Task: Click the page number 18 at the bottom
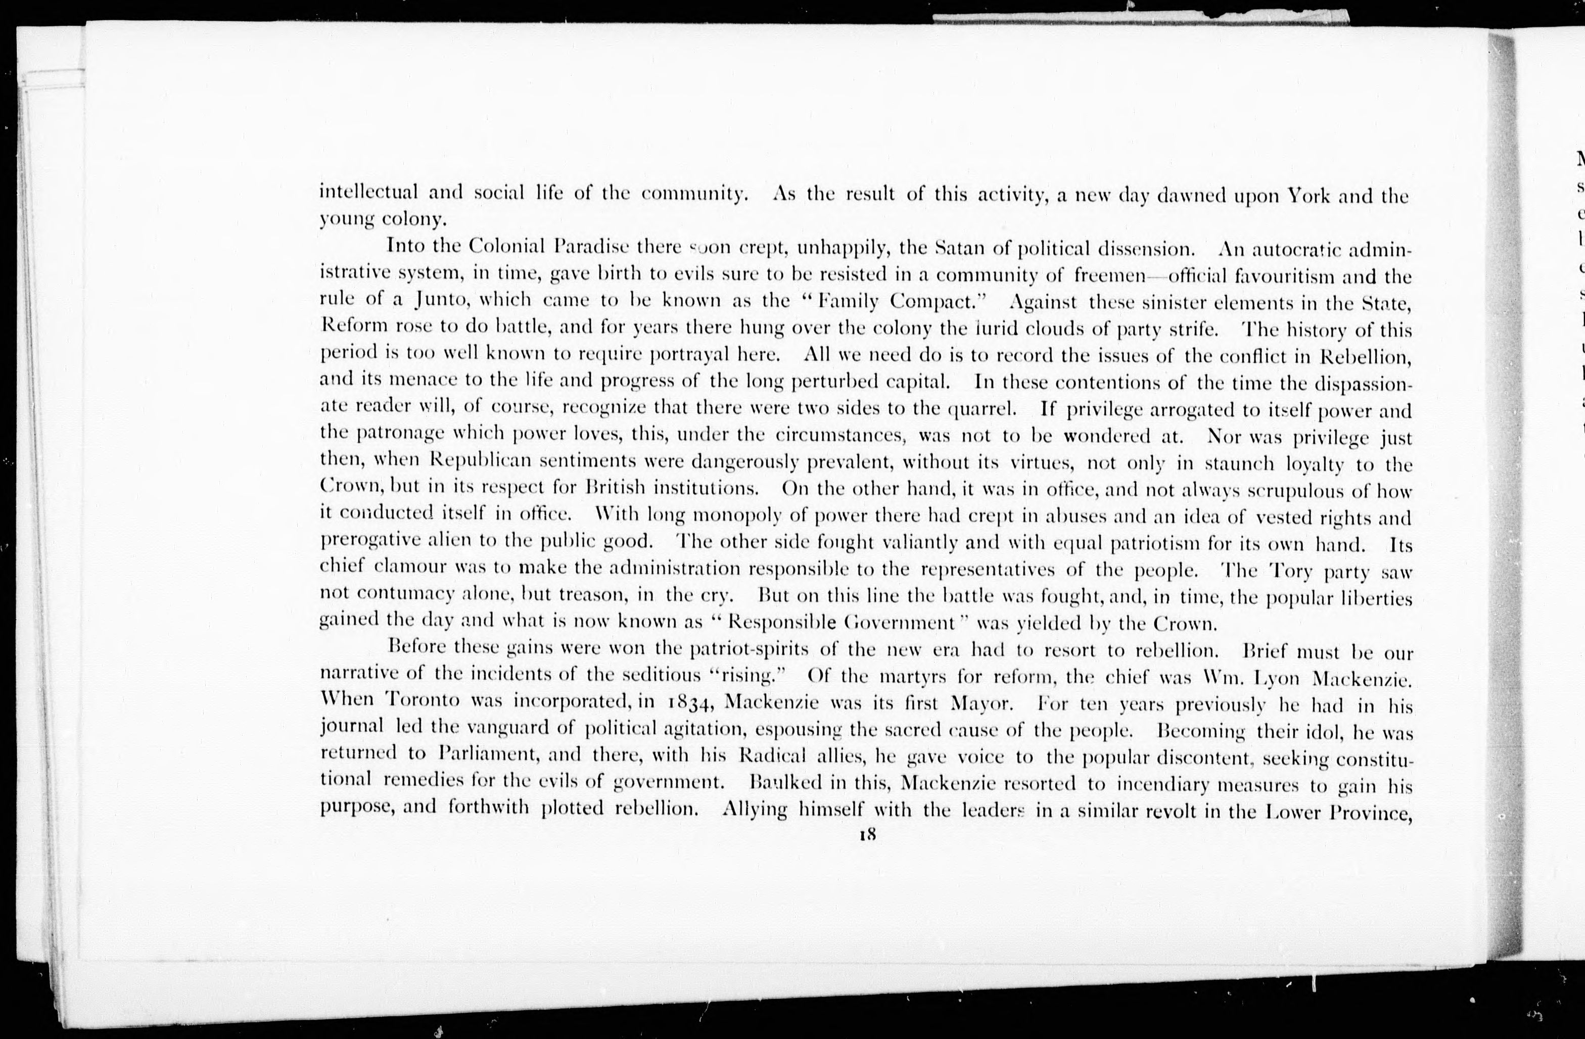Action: (x=866, y=835)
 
